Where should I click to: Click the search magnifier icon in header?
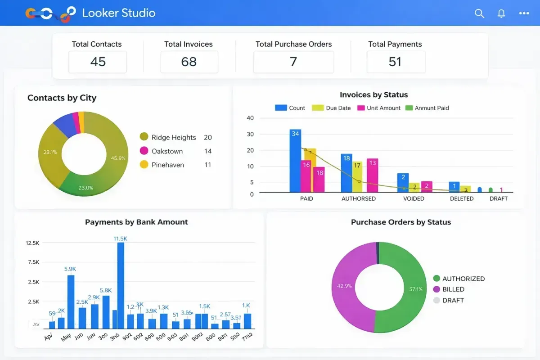click(479, 13)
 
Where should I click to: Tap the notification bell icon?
click(501, 13)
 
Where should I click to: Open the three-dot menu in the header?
click(524, 13)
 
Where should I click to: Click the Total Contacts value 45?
click(98, 62)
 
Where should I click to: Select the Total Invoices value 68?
click(189, 62)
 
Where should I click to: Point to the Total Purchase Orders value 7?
click(293, 62)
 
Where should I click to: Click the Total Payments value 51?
click(395, 62)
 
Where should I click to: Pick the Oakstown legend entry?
click(167, 151)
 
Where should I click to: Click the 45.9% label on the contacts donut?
click(118, 158)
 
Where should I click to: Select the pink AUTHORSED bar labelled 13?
click(372, 175)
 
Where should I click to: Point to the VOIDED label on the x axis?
click(414, 198)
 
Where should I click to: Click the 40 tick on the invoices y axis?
click(250, 118)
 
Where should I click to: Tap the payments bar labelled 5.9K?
click(71, 301)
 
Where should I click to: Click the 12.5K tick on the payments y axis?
click(33, 243)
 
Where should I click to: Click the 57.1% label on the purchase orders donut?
click(416, 289)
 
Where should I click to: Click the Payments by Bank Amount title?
click(136, 222)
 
